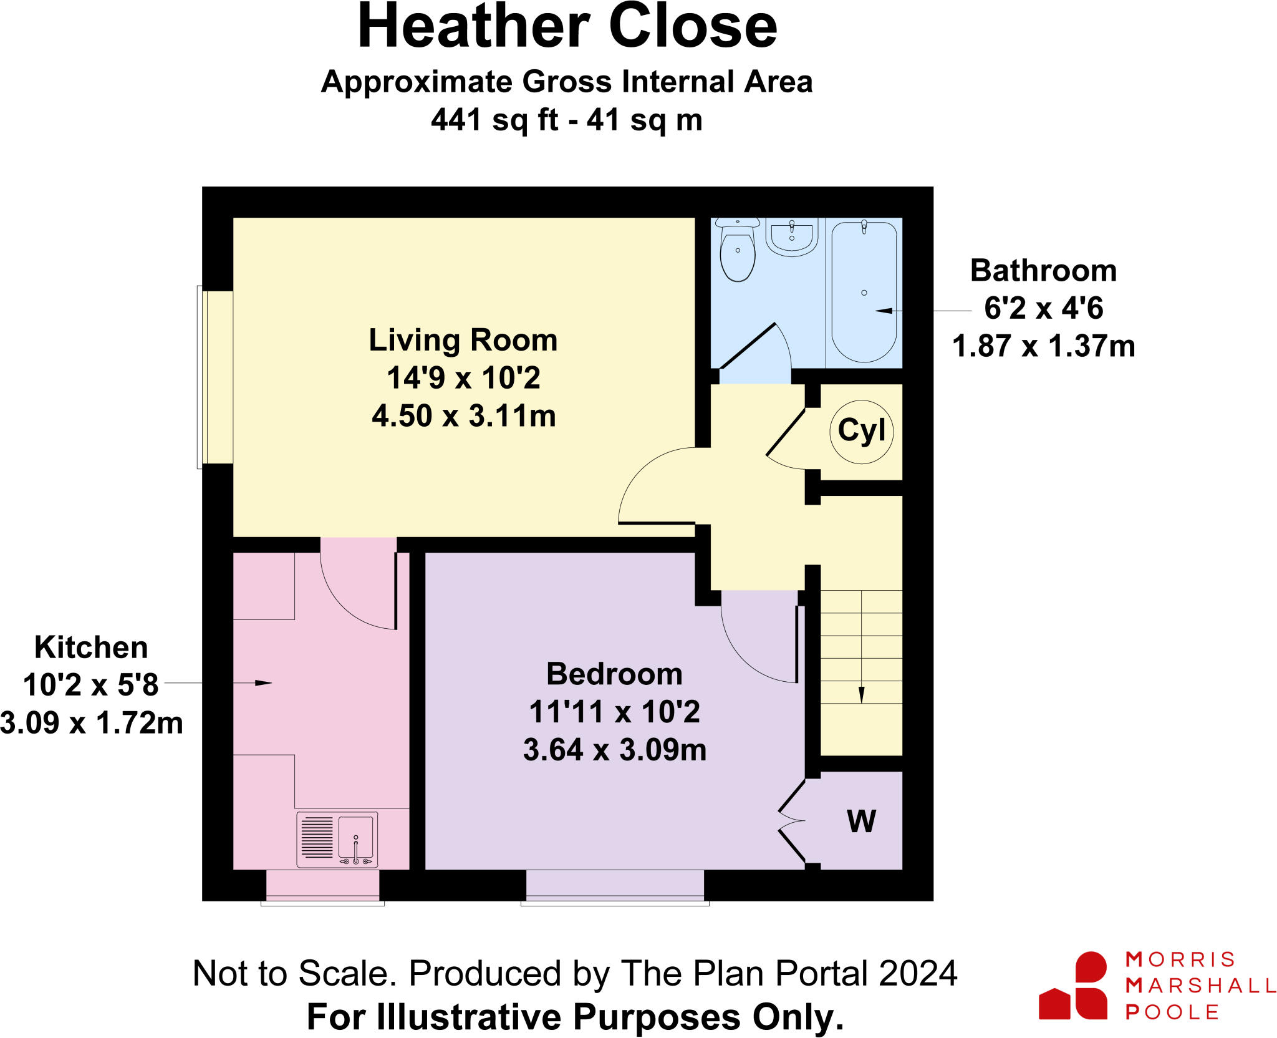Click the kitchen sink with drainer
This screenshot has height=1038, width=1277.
point(337,839)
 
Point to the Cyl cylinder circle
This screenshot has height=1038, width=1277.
point(861,432)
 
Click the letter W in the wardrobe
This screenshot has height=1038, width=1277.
point(861,821)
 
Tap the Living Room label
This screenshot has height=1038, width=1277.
point(463,341)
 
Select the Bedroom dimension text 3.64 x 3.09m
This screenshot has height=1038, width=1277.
point(614,750)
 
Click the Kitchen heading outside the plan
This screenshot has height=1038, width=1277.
point(91,648)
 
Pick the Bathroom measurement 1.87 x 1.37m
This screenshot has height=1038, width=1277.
point(1043,346)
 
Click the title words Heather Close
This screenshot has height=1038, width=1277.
point(567,27)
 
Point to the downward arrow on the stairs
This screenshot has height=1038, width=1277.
point(861,694)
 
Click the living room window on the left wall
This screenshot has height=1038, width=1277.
point(200,377)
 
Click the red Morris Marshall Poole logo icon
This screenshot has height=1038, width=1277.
point(1074,986)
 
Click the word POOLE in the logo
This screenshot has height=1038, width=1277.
point(1172,1012)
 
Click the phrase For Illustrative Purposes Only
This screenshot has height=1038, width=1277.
point(575,1017)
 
